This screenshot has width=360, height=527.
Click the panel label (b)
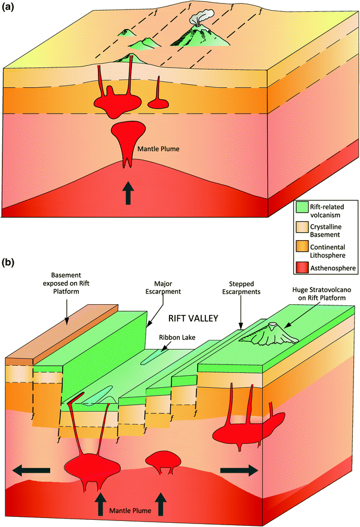point(10,263)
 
